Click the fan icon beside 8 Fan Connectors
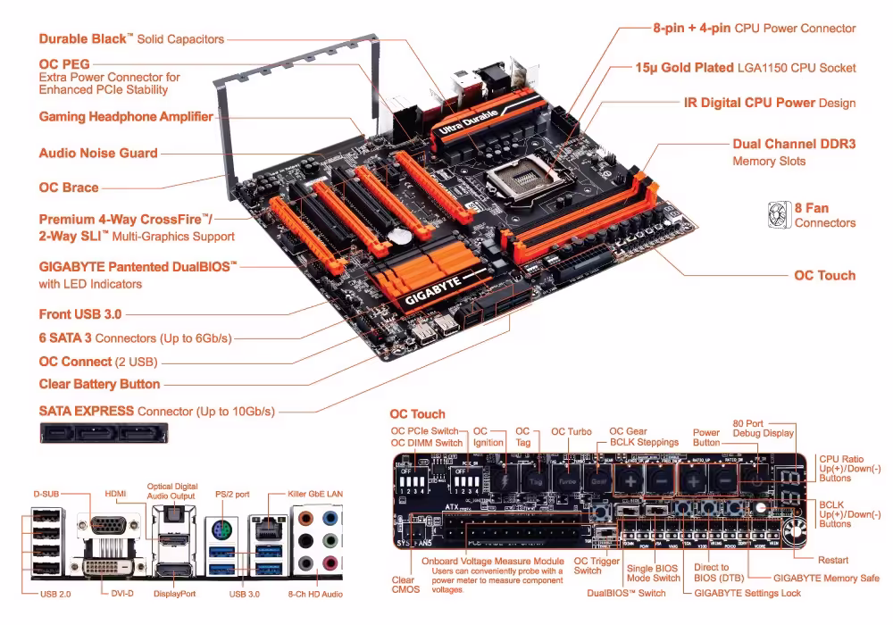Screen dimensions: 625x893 779,214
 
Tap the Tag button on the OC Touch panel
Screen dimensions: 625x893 536,479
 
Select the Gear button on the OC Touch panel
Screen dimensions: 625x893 598,479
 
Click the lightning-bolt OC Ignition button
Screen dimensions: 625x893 505,479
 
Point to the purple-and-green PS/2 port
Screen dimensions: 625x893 221,530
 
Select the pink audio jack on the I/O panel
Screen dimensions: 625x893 330,563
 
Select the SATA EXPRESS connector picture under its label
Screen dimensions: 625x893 104,435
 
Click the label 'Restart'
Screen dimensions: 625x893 832,561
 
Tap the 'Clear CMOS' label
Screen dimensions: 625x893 403,586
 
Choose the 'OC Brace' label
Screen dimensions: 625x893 69,187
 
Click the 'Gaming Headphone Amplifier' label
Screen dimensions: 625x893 126,117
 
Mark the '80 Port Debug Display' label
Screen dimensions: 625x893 763,428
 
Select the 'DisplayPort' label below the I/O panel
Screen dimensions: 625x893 174,594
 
